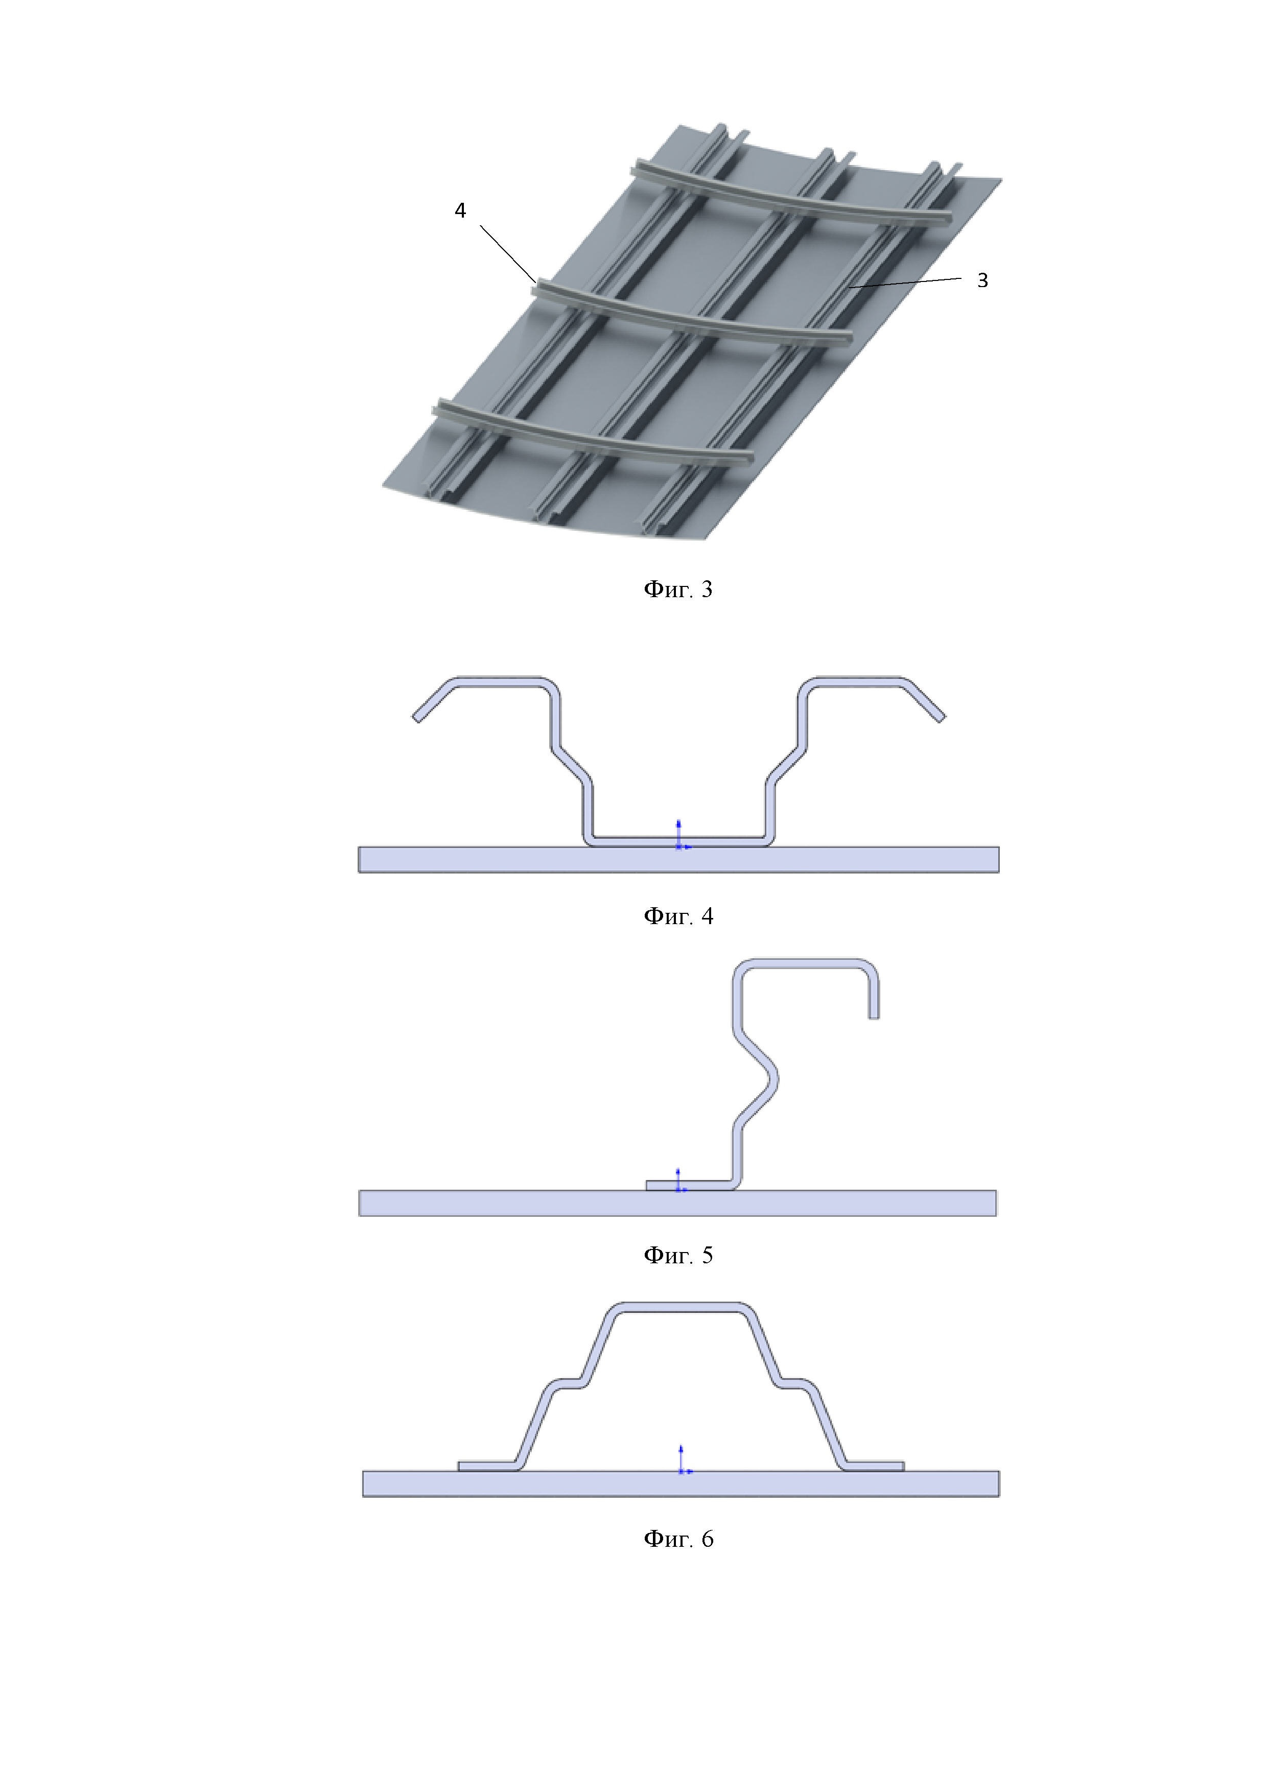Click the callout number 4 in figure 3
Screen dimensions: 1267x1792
point(461,211)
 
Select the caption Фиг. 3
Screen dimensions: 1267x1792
point(677,590)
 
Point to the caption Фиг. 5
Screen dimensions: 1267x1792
point(677,1255)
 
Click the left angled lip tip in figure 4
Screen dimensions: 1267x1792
point(417,717)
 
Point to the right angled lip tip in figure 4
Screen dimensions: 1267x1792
point(940,717)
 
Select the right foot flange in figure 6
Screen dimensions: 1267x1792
point(874,1466)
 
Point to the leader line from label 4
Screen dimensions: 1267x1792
point(507,254)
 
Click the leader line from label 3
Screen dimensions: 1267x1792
point(906,282)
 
